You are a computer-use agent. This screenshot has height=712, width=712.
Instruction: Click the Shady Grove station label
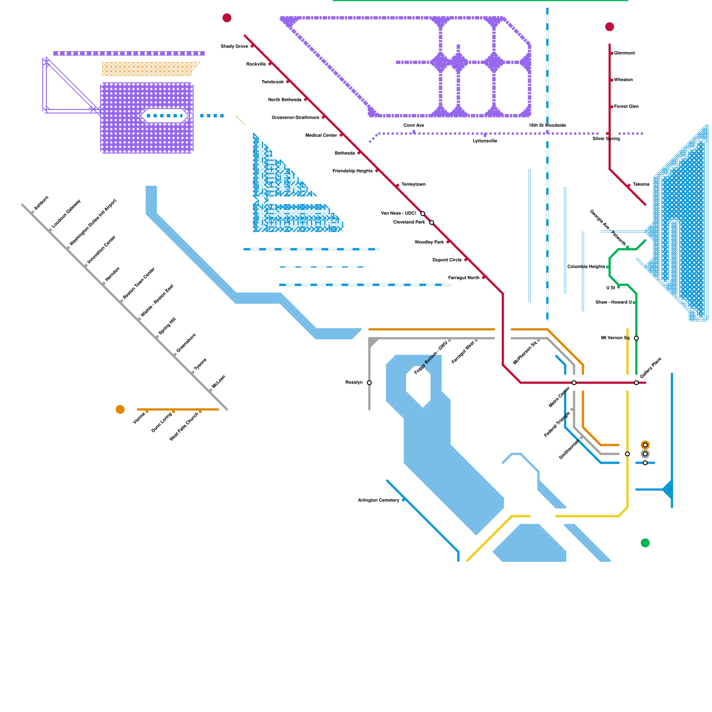click(x=235, y=46)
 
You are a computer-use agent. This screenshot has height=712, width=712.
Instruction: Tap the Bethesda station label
click(x=345, y=153)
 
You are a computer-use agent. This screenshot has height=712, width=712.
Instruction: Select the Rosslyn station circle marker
click(x=369, y=383)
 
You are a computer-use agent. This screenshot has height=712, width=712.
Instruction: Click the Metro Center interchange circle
click(x=574, y=383)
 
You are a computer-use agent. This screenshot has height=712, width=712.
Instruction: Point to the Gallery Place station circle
click(x=636, y=383)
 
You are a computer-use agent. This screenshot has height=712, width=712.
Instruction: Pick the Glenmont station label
click(x=624, y=53)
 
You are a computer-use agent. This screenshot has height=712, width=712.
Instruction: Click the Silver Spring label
click(x=606, y=139)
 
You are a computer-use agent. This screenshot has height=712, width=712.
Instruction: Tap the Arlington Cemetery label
click(x=379, y=501)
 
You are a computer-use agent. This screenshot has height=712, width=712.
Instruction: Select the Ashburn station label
click(x=41, y=203)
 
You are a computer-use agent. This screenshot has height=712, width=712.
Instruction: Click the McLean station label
click(x=219, y=381)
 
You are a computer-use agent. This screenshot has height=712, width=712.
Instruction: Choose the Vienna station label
click(x=139, y=418)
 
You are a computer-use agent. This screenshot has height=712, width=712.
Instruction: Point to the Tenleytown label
click(x=413, y=184)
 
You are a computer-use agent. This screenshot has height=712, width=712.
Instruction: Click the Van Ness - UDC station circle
click(x=423, y=214)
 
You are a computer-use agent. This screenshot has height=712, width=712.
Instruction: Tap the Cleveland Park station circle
click(x=432, y=222)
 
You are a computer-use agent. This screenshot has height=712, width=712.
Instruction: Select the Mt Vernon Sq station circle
click(x=636, y=338)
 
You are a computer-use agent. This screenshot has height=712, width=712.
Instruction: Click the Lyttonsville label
click(x=485, y=141)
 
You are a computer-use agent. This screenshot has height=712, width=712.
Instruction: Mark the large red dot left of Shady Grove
click(x=227, y=18)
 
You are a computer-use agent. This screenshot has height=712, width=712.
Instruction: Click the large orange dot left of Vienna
click(x=120, y=409)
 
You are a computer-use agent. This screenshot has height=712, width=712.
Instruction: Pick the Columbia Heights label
click(x=586, y=267)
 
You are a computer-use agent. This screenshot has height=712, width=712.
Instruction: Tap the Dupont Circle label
click(x=447, y=260)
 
